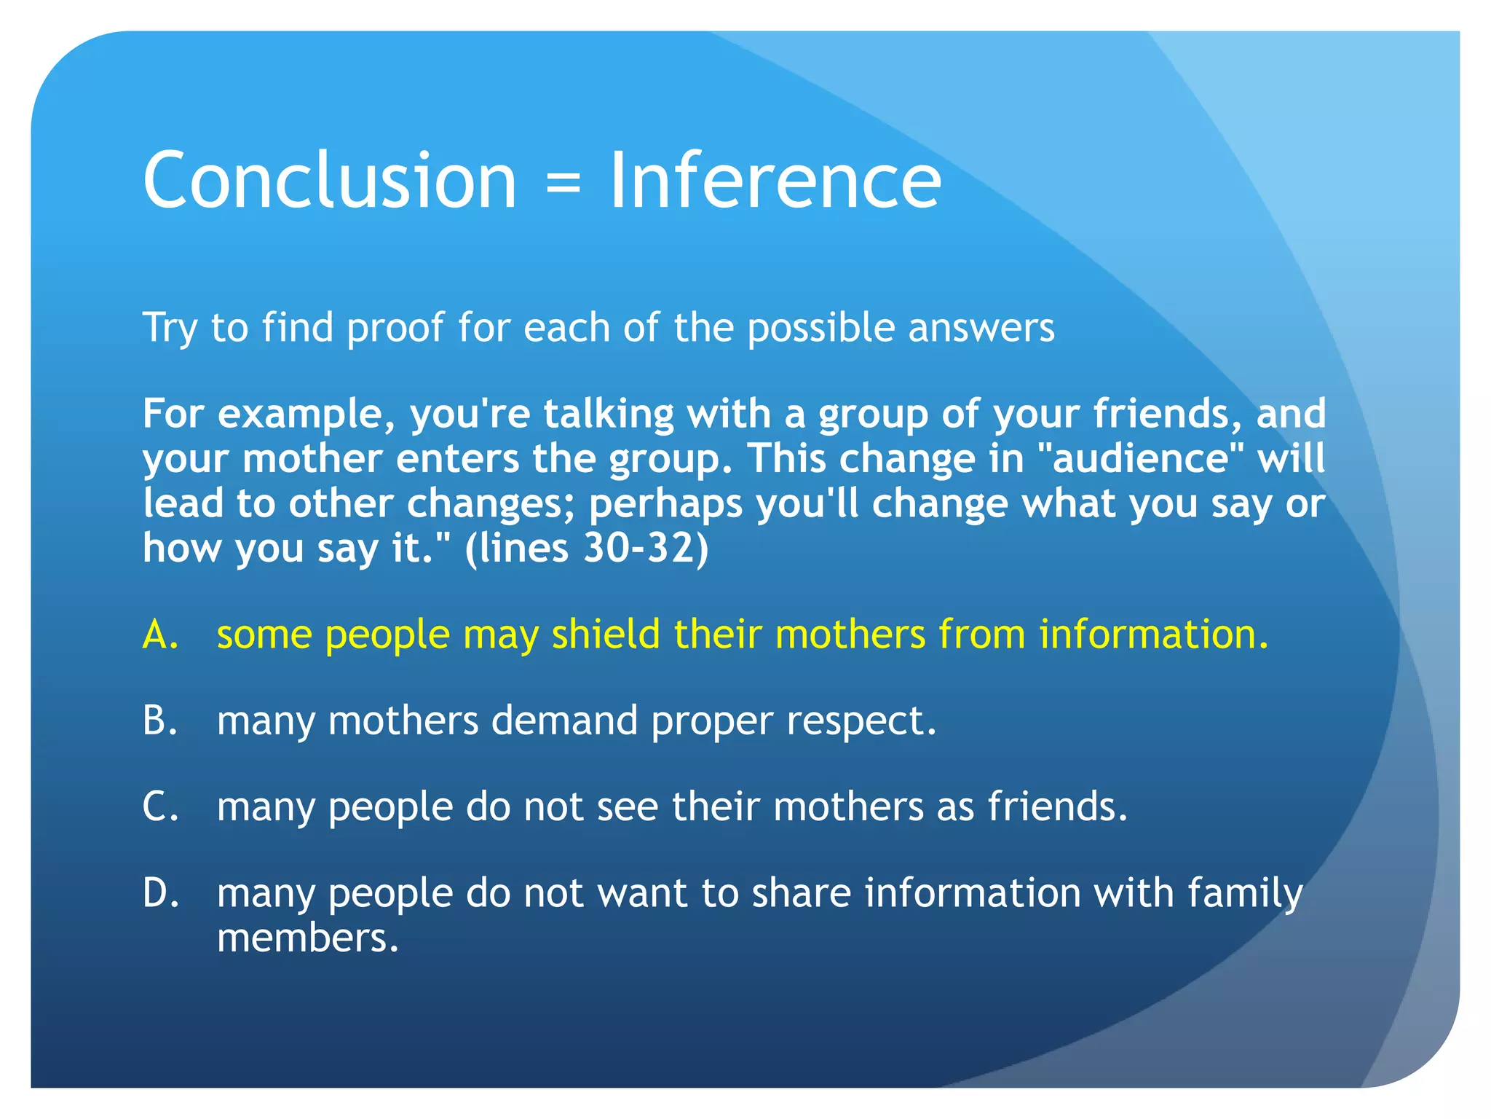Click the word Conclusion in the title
329,180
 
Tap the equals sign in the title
563,182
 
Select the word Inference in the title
775,180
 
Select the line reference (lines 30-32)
587,548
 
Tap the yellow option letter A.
160,634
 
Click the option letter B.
160,720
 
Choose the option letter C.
160,806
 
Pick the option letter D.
161,892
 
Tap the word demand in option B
564,720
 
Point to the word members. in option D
308,938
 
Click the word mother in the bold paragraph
312,459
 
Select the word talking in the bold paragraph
609,415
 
